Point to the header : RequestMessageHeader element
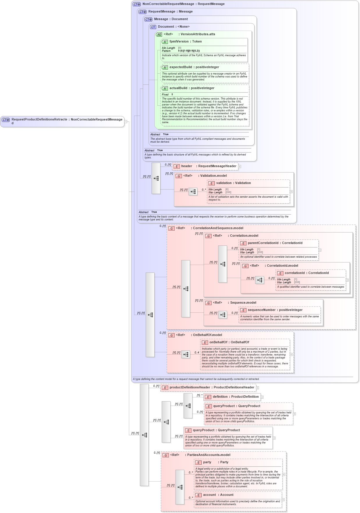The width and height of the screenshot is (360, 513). click(208, 166)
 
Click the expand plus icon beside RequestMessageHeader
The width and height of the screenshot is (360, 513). click(240, 167)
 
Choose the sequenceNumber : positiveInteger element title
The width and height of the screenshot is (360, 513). click(275, 310)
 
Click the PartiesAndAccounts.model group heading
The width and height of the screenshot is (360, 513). click(208, 455)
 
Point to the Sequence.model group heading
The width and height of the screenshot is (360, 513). click(243, 303)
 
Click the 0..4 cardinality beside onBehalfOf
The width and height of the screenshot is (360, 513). click(197, 353)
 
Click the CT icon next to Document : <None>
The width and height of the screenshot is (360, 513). click(153, 27)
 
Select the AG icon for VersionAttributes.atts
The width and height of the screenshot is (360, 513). click(159, 34)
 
